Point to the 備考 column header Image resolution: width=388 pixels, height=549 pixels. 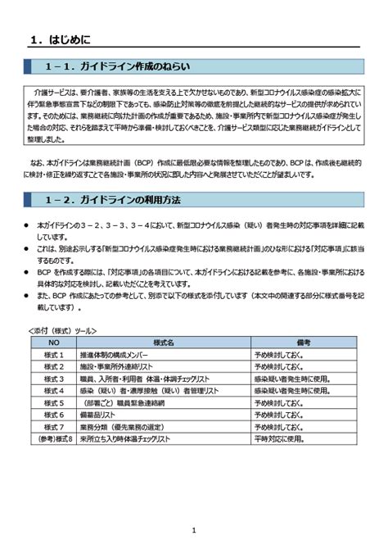click(x=303, y=343)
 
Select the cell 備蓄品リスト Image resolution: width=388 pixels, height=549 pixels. click(x=102, y=415)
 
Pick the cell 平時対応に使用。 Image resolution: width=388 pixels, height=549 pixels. click(x=278, y=439)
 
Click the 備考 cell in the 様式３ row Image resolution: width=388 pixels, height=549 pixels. click(x=291, y=379)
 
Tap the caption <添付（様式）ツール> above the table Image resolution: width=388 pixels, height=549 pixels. click(x=62, y=330)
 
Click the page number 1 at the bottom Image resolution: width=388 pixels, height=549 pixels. click(x=194, y=530)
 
